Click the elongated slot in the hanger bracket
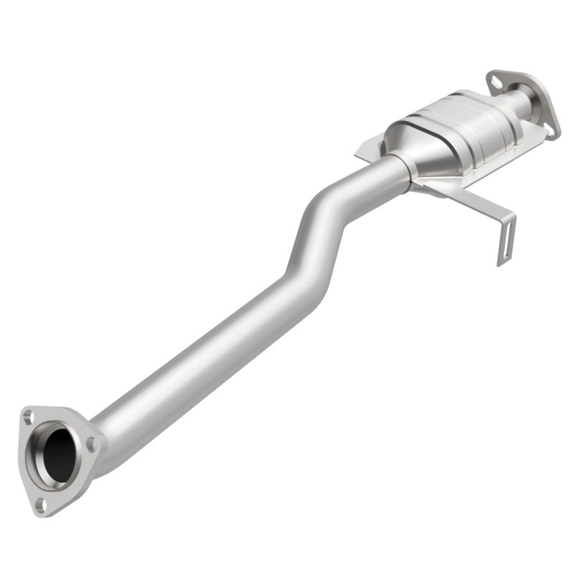click(503, 243)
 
